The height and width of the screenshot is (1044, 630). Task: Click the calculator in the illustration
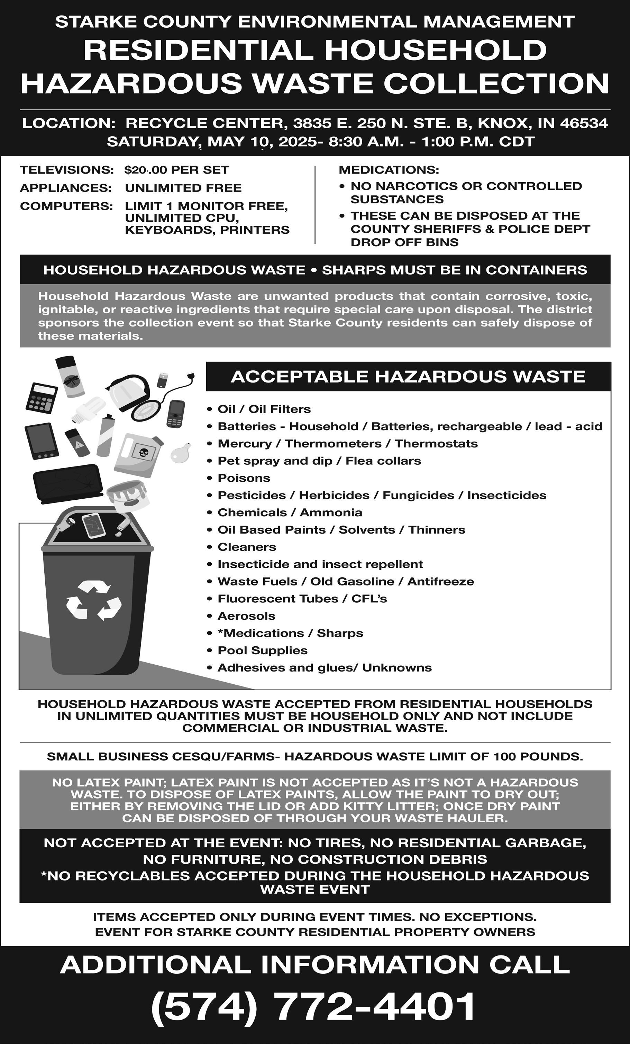41,398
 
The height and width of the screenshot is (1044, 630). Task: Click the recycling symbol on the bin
94,600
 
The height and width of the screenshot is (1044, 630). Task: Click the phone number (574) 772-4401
314,1006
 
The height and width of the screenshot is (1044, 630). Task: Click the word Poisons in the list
244,478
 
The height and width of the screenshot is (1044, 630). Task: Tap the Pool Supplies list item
263,650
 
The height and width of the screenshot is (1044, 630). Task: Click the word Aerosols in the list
246,616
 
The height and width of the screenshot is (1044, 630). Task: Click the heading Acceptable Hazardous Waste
408,376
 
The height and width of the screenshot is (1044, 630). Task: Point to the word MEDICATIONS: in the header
389,170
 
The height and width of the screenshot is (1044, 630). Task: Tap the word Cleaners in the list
247,547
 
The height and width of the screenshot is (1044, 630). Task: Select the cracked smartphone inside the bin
94,525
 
